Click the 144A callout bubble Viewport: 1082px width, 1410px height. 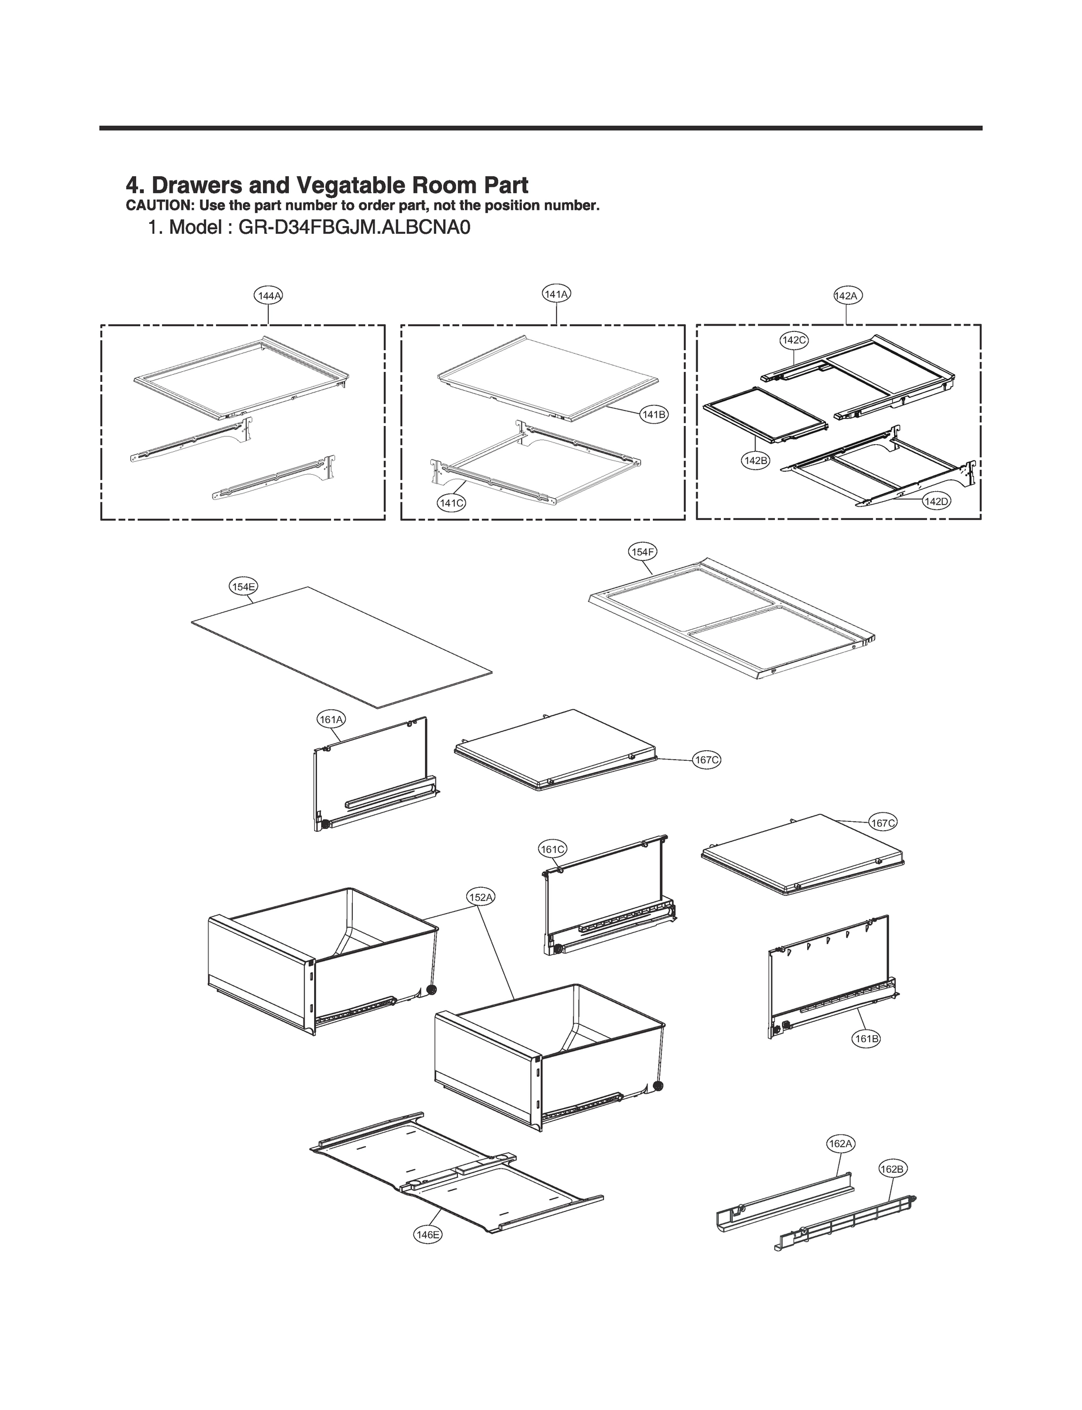[x=268, y=296]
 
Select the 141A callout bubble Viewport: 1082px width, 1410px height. [x=557, y=294]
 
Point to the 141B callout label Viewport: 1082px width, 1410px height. [x=653, y=414]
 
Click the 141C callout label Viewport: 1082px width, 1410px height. [x=451, y=503]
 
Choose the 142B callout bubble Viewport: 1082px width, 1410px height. [x=756, y=461]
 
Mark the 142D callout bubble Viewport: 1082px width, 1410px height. [x=936, y=501]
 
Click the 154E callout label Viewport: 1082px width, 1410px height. [x=244, y=586]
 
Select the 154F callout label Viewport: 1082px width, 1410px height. [x=643, y=552]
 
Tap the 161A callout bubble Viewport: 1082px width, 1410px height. [x=331, y=719]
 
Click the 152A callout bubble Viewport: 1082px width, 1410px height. [x=480, y=897]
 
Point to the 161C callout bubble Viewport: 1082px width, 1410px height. [x=552, y=850]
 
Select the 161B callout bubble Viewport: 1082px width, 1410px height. [x=865, y=1039]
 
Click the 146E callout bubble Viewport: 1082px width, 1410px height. [x=427, y=1235]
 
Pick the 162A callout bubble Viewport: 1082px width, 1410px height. [x=841, y=1144]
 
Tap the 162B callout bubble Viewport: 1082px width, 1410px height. [x=892, y=1169]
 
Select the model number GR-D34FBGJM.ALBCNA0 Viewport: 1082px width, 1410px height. [x=354, y=228]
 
